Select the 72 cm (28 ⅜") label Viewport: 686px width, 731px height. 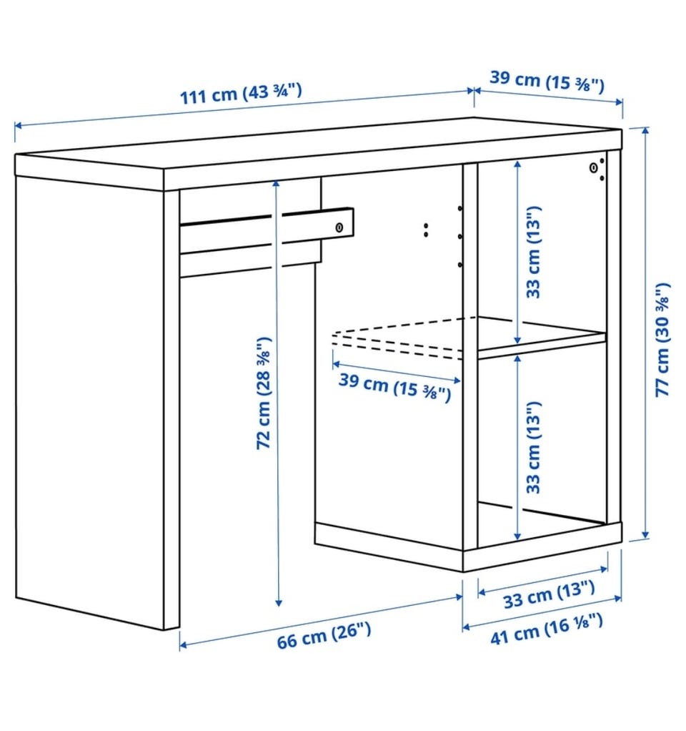[x=264, y=393]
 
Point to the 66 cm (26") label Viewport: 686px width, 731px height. [x=324, y=635]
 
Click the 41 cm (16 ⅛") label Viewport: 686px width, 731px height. [x=547, y=629]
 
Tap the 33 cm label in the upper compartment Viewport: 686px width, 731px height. [x=533, y=252]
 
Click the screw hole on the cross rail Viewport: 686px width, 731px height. [x=339, y=227]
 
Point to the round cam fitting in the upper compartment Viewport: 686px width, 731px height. [x=593, y=167]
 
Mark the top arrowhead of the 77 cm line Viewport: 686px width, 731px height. [x=645, y=130]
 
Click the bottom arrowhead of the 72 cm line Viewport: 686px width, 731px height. [x=279, y=602]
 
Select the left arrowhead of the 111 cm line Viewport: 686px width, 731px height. [x=19, y=125]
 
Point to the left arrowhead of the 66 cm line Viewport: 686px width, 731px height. [x=184, y=644]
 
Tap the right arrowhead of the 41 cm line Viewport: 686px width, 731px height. [x=617, y=598]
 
